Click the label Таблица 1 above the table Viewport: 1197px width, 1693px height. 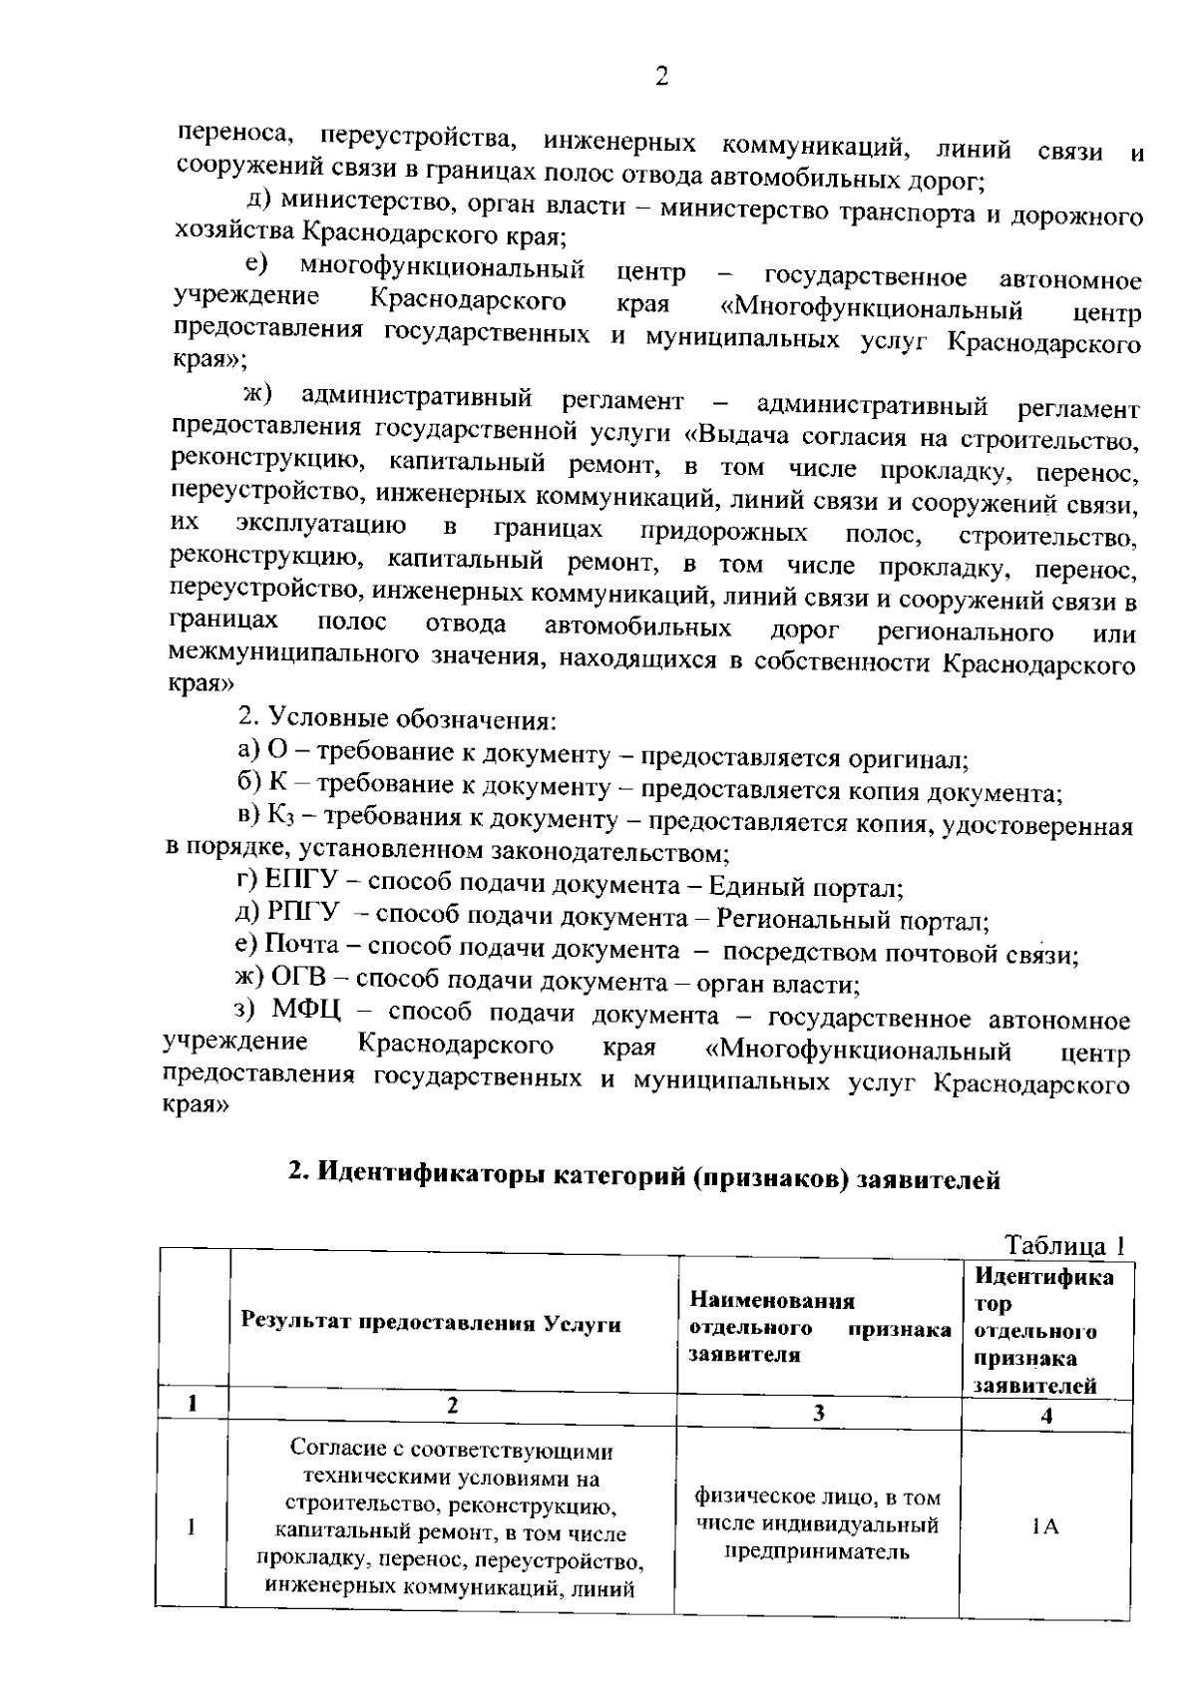tap(1064, 1246)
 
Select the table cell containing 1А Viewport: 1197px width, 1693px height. tap(1045, 1526)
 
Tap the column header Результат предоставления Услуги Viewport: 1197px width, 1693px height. tap(431, 1324)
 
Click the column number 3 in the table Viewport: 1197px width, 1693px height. tap(819, 1413)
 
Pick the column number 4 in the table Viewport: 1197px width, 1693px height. tap(1046, 1415)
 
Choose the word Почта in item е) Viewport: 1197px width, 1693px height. tap(309, 947)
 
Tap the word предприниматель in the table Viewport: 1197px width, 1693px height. tap(818, 1552)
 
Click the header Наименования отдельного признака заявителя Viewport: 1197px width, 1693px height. tap(818, 1328)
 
